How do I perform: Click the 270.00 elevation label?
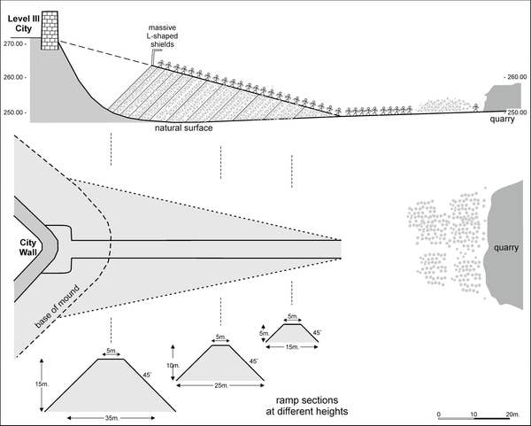click(x=14, y=43)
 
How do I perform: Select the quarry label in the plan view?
click(x=508, y=248)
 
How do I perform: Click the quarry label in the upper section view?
click(x=503, y=121)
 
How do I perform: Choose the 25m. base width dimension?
click(x=220, y=385)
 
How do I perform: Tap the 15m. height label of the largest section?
click(x=34, y=383)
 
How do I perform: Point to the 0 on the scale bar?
click(x=439, y=414)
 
